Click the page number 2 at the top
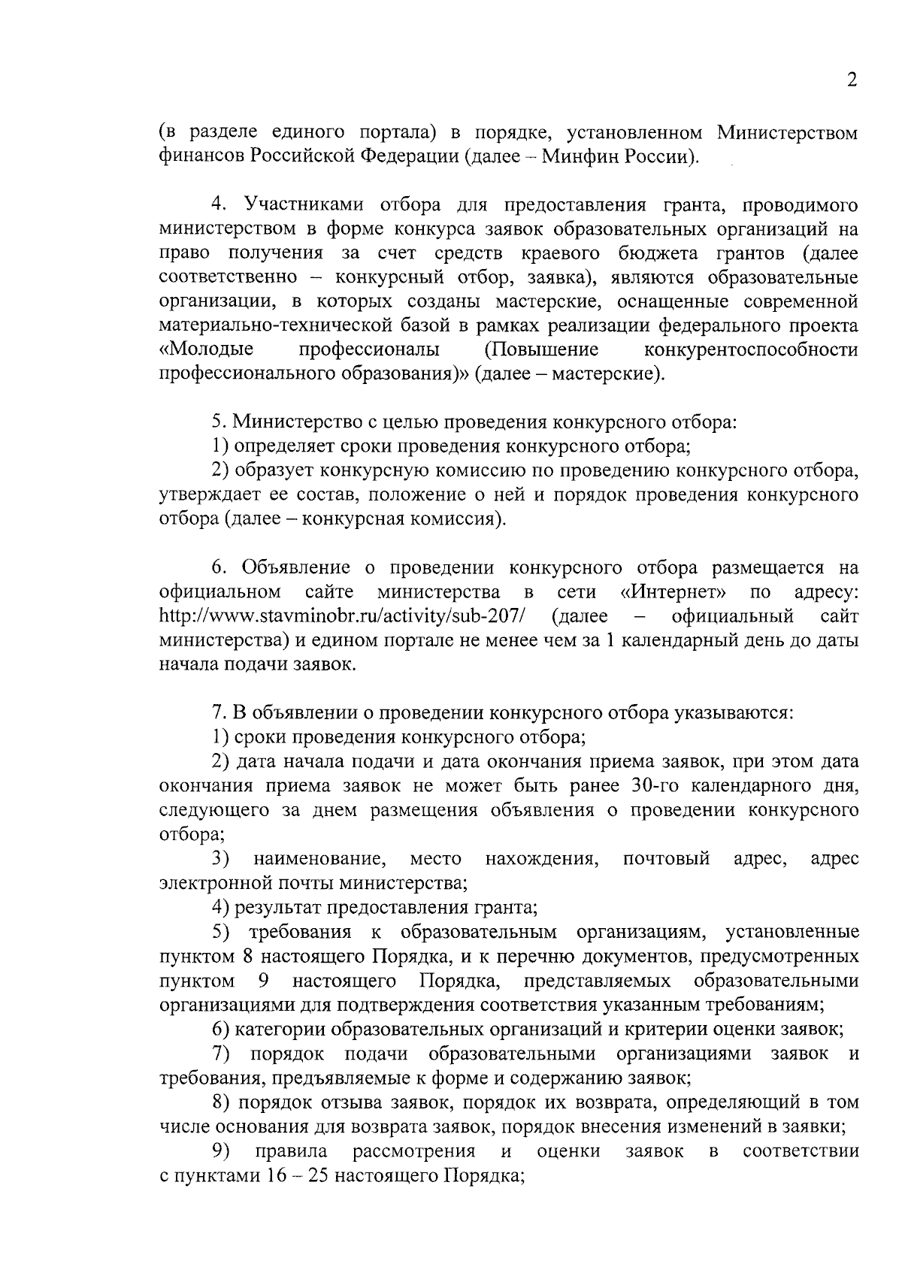tap(852, 80)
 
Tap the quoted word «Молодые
tap(207, 350)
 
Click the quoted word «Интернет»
tap(678, 592)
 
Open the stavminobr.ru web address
tap(342, 617)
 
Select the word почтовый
tap(666, 859)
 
